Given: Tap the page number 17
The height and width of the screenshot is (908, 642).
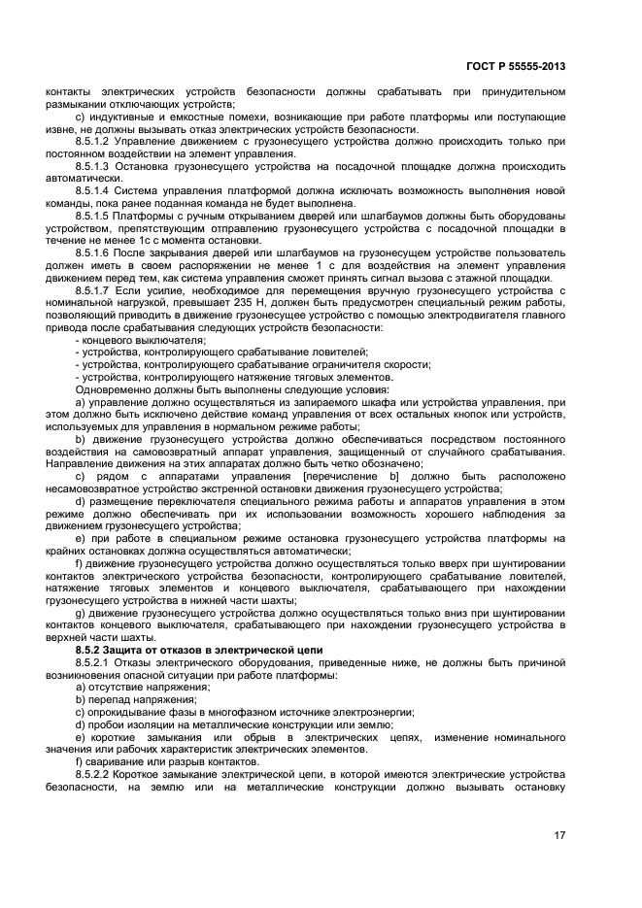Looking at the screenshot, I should click(x=560, y=833).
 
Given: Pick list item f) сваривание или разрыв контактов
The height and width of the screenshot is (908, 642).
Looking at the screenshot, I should click(x=152, y=761).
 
